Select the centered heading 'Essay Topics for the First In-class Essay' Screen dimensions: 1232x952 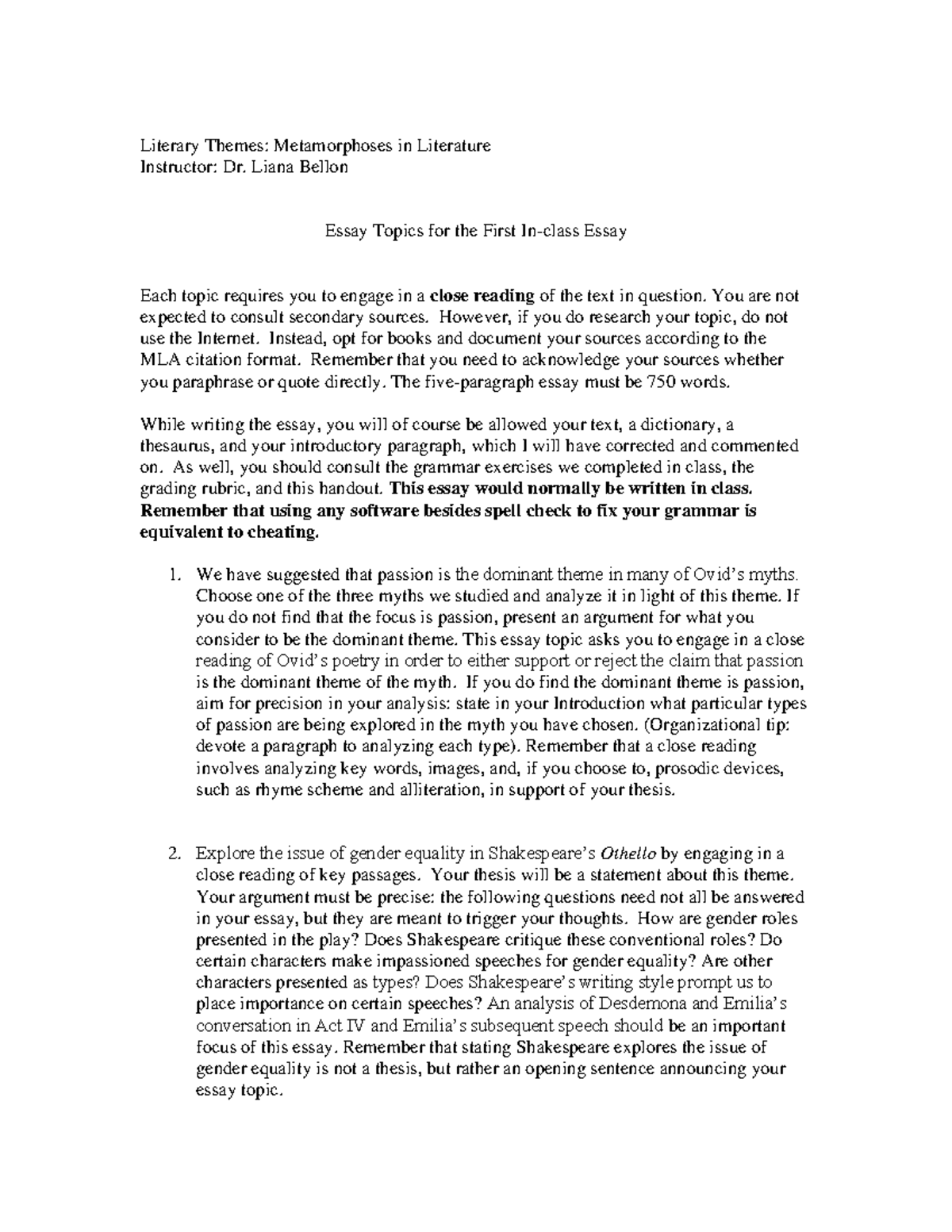(476, 232)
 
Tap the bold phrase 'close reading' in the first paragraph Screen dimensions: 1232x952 (482, 297)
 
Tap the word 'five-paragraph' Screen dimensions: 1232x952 (469, 382)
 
